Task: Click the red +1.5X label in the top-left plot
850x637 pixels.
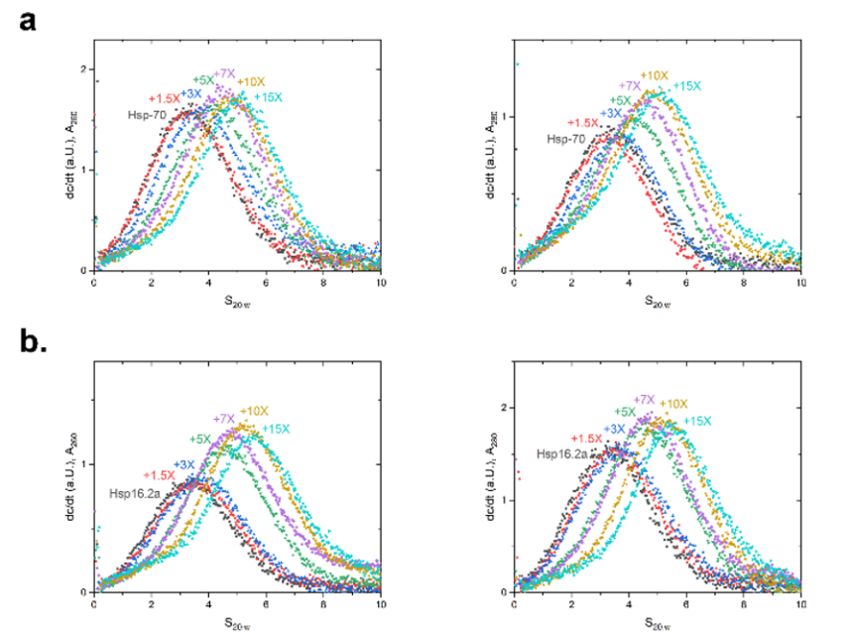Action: coord(163,98)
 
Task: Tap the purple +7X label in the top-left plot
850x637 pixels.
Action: coord(224,73)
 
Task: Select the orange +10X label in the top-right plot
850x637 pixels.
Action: coord(654,75)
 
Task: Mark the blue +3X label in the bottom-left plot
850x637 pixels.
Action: coord(184,464)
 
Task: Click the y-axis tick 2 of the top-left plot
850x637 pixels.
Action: coord(84,68)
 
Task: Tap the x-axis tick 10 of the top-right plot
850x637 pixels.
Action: coord(800,286)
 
